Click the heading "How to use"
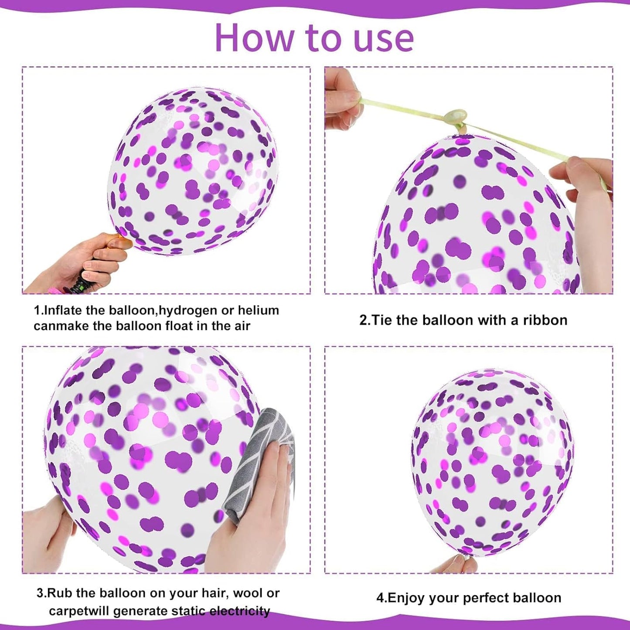click(314, 38)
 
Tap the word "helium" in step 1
click(257, 310)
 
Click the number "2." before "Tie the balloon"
click(364, 320)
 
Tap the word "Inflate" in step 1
click(64, 310)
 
